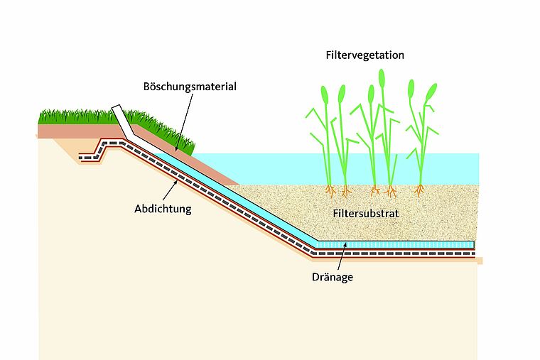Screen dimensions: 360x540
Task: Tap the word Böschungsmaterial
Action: tap(190, 87)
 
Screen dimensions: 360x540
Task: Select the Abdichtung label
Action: tap(162, 209)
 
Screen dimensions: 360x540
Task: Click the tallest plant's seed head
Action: tap(382, 77)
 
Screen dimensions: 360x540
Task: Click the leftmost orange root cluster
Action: tap(330, 190)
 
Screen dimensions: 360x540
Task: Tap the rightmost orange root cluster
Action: tap(420, 190)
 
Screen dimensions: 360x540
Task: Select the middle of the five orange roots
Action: tap(374, 190)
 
